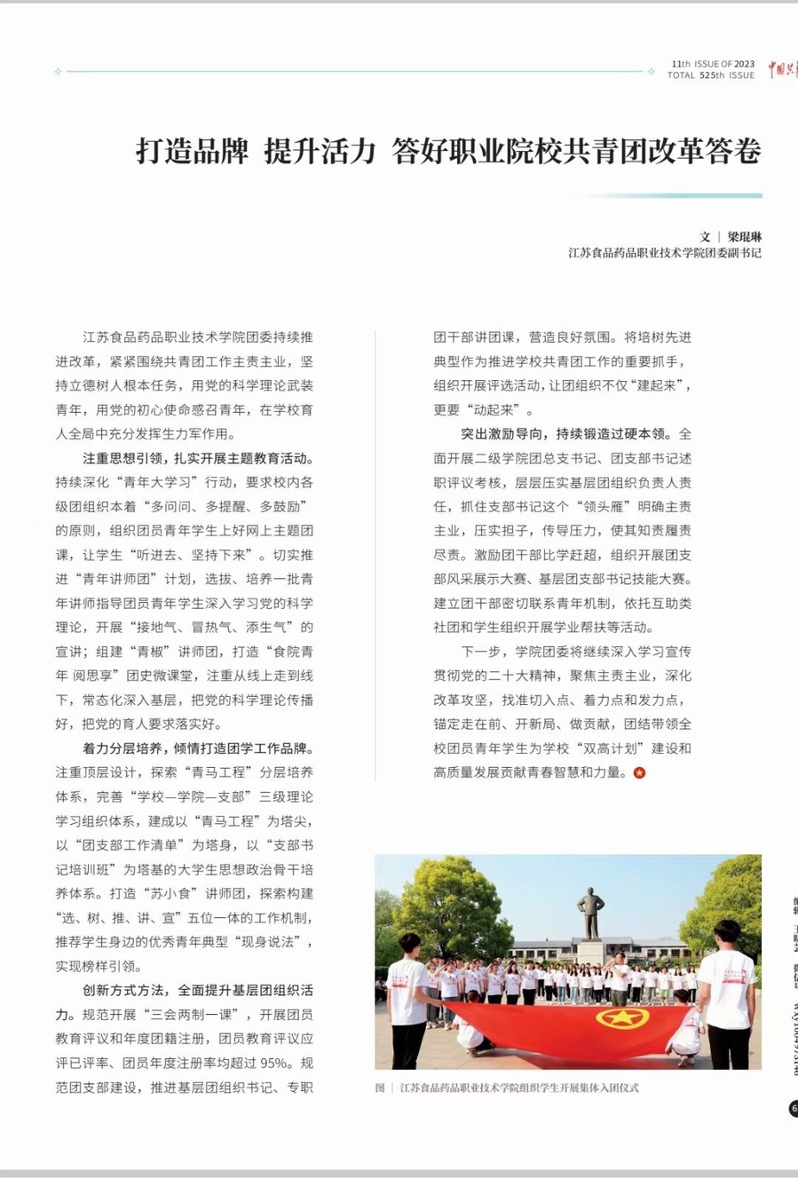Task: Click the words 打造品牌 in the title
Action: click(x=192, y=152)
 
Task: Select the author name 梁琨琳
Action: click(x=745, y=237)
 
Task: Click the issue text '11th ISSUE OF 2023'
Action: click(x=713, y=64)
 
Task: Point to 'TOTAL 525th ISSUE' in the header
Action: click(x=711, y=75)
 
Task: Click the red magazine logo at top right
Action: click(x=782, y=69)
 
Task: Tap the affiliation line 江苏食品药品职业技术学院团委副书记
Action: click(x=665, y=253)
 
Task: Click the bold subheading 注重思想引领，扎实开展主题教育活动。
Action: click(x=198, y=458)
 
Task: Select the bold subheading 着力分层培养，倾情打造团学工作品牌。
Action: click(x=198, y=748)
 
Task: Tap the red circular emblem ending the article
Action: click(x=639, y=772)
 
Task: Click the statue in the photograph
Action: click(x=590, y=914)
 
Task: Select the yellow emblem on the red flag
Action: click(x=621, y=1017)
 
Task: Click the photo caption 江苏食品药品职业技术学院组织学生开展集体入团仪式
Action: click(x=519, y=1088)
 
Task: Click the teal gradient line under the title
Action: click(x=675, y=195)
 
